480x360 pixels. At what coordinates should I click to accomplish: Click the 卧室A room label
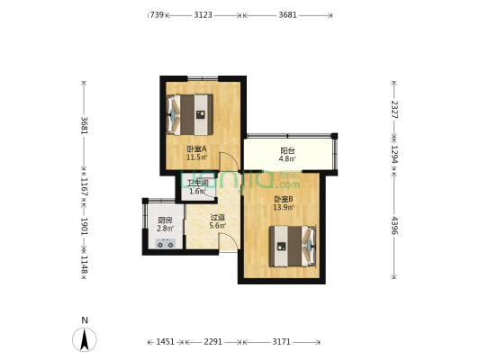[x=196, y=149]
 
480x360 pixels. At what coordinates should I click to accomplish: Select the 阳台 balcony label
[x=287, y=151]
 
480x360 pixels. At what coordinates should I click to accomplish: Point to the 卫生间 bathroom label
[x=197, y=183]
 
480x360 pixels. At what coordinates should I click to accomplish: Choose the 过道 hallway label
[x=217, y=217]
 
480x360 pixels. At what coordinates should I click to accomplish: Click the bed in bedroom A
[x=191, y=114]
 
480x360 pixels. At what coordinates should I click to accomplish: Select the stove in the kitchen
[x=166, y=243]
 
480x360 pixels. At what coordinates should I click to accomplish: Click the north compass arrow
[x=85, y=338]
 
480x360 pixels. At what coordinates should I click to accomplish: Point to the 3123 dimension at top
[x=204, y=15]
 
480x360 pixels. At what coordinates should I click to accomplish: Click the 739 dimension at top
[x=157, y=15]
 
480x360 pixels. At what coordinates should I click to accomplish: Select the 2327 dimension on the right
[x=394, y=109]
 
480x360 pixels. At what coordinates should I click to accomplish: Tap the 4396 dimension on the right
[x=394, y=225]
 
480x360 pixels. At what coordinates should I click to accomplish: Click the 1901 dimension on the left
[x=84, y=225]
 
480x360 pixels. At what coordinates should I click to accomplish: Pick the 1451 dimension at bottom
[x=165, y=342]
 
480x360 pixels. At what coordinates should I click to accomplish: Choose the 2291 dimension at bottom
[x=213, y=342]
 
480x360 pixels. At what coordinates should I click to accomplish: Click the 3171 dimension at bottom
[x=281, y=342]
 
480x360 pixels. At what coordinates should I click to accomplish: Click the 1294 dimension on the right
[x=394, y=154]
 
